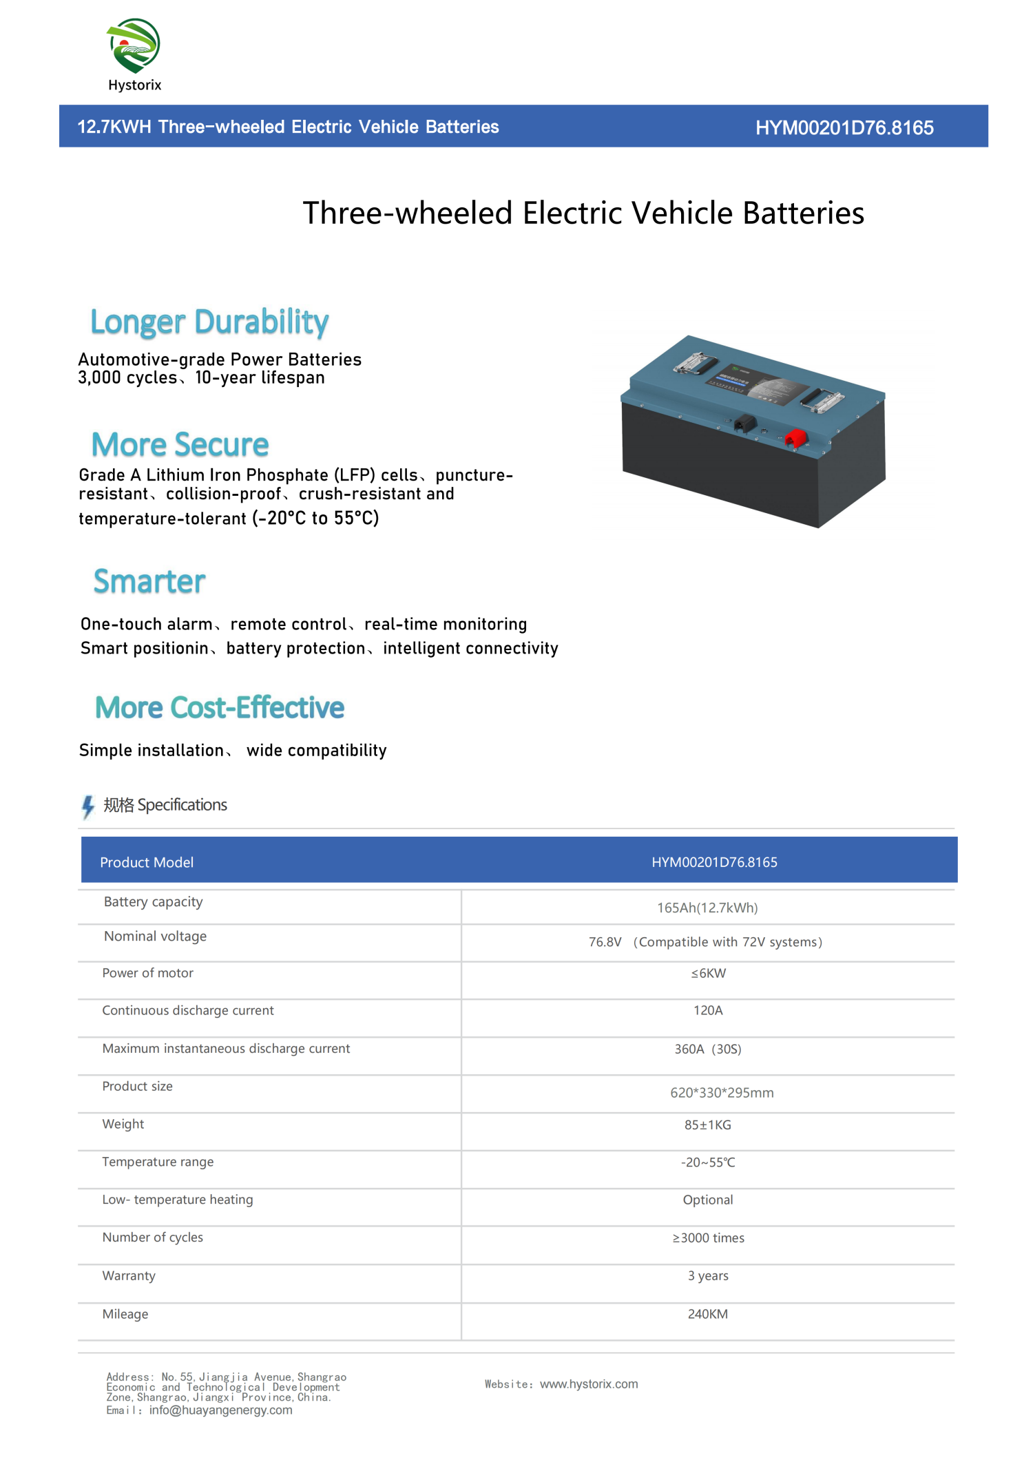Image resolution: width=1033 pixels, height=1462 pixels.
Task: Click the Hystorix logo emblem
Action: [134, 45]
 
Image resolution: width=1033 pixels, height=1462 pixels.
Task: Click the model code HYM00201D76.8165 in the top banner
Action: [844, 127]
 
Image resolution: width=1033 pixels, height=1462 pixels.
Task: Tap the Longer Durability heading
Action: [209, 322]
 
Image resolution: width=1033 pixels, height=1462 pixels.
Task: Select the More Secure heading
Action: [180, 445]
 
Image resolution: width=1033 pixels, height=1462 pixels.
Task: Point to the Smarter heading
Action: [149, 582]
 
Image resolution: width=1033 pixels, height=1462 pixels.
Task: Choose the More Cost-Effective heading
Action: [220, 708]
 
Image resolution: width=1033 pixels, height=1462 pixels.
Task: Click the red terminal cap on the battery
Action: [796, 438]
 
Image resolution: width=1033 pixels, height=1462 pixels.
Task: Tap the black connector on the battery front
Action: [744, 424]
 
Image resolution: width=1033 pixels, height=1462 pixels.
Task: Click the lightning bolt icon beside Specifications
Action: [88, 806]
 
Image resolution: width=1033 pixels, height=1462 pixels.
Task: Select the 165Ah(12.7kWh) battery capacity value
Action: [707, 908]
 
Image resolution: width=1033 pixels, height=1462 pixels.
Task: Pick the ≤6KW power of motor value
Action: [708, 973]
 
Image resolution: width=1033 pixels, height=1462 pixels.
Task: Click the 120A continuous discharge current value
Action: [708, 1010]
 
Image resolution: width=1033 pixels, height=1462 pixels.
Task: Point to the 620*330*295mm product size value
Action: [722, 1093]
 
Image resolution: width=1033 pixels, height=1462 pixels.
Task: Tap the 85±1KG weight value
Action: [707, 1125]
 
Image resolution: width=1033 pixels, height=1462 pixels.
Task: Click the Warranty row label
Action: [129, 1275]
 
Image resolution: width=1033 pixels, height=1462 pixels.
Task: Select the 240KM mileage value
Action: [707, 1314]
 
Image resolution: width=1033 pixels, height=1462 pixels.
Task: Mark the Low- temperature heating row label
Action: [178, 1200]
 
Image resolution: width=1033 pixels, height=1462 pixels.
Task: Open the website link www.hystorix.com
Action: [589, 1384]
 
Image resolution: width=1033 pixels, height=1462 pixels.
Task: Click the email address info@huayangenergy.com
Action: [220, 1410]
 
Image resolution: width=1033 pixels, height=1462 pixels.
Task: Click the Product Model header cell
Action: [147, 862]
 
